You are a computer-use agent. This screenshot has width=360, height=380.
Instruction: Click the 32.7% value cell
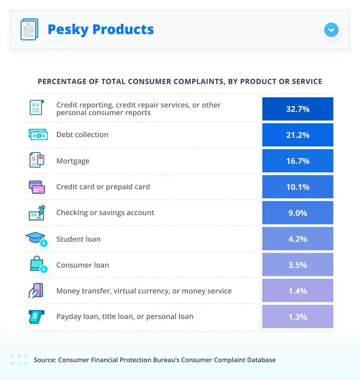tap(298, 109)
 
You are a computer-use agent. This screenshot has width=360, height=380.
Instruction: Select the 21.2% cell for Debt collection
tap(298, 135)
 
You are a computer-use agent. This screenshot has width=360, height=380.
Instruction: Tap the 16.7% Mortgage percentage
tap(298, 161)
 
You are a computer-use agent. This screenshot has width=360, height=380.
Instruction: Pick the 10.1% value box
tap(298, 187)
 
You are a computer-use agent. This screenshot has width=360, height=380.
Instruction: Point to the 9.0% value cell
tap(298, 213)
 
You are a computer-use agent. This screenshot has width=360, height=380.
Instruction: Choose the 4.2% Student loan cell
tap(298, 239)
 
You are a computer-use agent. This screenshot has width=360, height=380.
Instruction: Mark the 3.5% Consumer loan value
tap(298, 264)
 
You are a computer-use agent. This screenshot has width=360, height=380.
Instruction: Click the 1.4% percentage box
tap(298, 290)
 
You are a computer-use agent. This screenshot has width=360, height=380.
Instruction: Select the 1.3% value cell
tap(298, 316)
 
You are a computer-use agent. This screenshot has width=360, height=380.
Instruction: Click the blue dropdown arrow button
tap(331, 30)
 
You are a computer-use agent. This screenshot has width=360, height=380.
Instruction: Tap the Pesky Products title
tap(100, 30)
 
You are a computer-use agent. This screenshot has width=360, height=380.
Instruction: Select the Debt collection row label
tap(82, 135)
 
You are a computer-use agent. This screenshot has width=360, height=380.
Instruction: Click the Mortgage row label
tap(73, 161)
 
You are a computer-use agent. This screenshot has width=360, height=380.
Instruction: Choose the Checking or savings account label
tap(105, 213)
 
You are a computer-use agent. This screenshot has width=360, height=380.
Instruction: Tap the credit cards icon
tap(37, 187)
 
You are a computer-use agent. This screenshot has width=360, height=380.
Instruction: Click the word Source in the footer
tap(45, 360)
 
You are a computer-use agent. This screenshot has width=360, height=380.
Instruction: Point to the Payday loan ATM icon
tap(37, 316)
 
